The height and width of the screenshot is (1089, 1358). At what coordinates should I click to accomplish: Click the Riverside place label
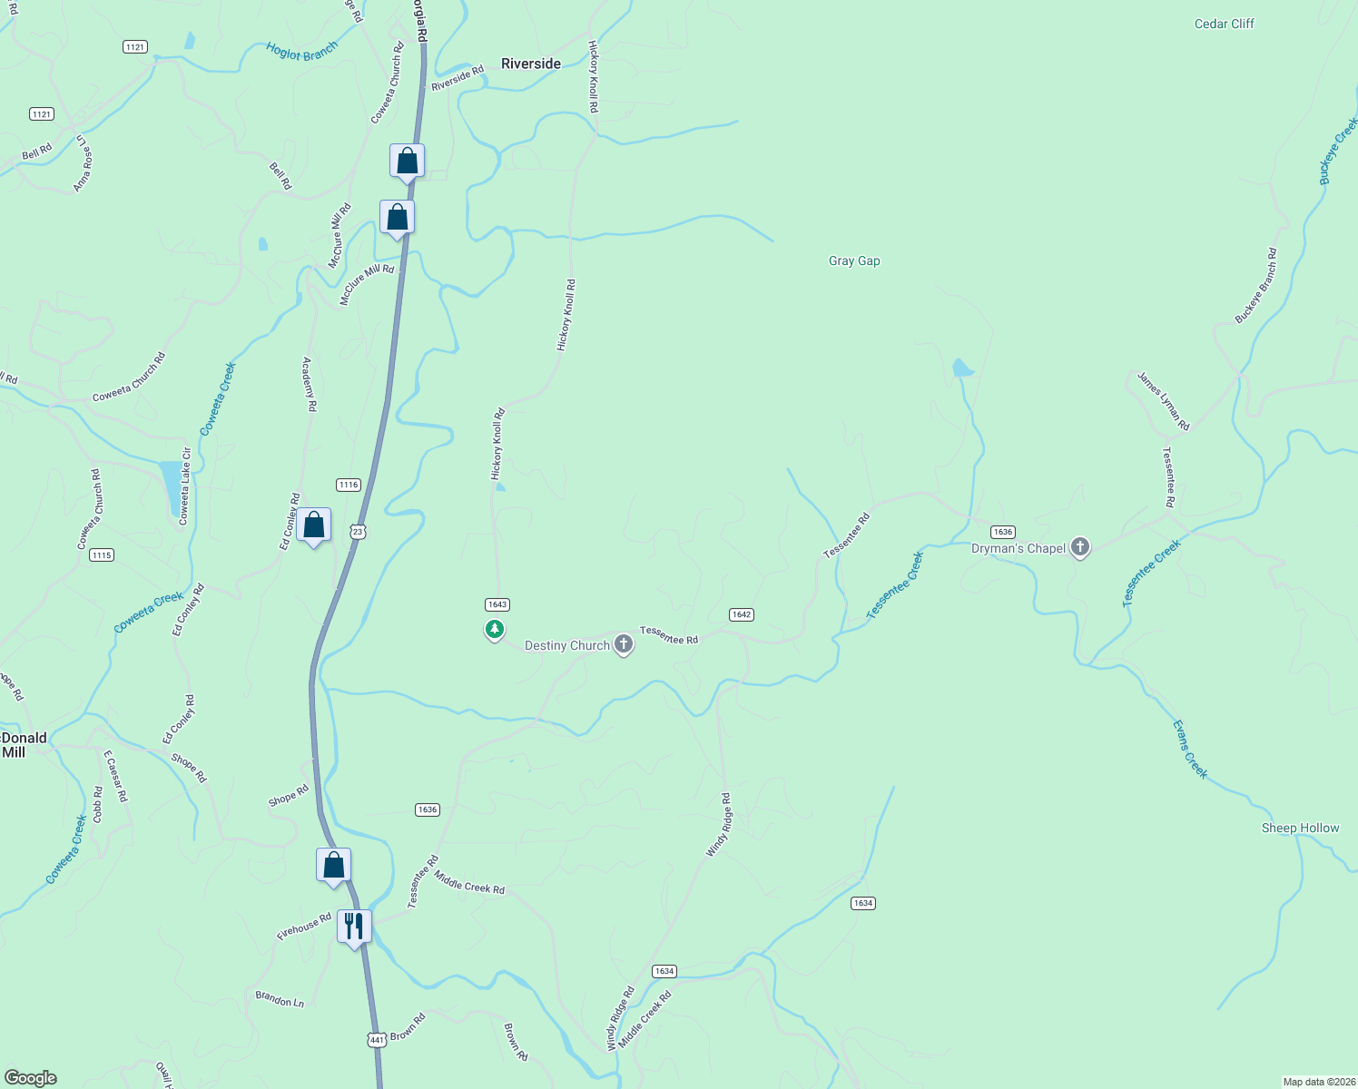coord(531,64)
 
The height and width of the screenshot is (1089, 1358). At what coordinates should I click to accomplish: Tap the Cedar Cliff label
coord(1224,24)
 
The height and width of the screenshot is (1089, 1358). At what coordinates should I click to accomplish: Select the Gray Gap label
coord(854,261)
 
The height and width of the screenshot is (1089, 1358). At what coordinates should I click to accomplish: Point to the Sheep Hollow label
coord(1300,828)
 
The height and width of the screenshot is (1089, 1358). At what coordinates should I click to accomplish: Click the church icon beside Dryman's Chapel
coord(1079,547)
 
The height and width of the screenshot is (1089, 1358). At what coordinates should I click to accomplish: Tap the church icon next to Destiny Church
coord(623,644)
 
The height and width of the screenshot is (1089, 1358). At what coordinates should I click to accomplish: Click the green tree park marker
coord(495,628)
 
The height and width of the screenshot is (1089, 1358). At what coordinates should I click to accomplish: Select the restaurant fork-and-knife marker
coord(354,926)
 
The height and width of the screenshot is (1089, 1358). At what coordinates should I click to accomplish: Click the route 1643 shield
coord(497,604)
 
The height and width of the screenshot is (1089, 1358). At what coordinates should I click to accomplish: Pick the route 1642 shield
coord(741,614)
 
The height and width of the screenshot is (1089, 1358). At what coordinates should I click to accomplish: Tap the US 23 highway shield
coord(358,532)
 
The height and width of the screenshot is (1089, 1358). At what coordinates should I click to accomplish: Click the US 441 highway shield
coord(376,1038)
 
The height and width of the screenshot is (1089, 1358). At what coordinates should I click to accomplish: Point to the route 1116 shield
coord(349,485)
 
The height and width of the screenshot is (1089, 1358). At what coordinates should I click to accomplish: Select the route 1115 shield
coord(102,555)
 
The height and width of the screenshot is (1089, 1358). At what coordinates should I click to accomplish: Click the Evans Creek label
coord(1189,750)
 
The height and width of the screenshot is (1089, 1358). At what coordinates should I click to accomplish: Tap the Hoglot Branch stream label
coord(301,51)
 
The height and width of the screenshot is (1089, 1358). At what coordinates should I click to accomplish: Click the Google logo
coord(30,1078)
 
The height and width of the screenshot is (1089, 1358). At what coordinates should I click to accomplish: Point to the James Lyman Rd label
coord(1163,400)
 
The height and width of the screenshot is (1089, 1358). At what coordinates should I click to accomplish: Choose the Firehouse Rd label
coord(304,927)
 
